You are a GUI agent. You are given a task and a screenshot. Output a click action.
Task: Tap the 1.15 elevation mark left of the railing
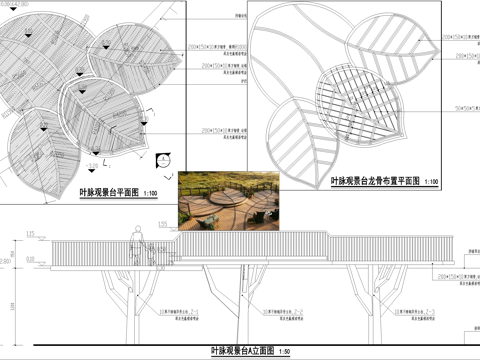tap(31, 233)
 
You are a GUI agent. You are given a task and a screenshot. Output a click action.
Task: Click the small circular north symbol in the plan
tap(163, 155)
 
